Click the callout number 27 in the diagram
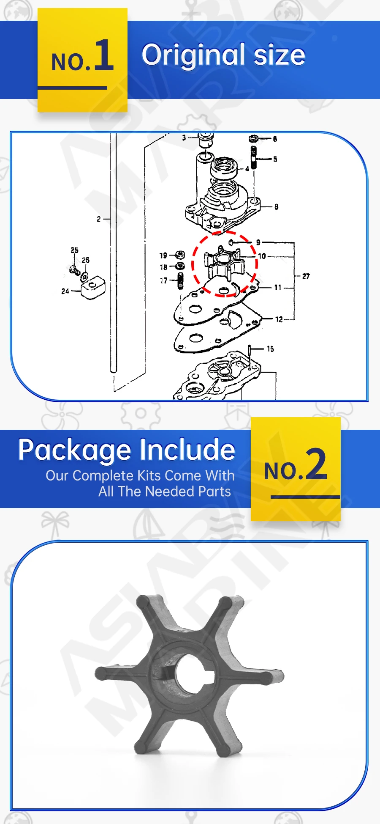tap(306, 276)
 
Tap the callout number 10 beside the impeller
tap(262, 256)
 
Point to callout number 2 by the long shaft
tap(99, 219)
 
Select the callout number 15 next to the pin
tap(270, 349)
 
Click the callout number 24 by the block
tap(65, 291)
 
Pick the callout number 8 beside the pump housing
tap(276, 207)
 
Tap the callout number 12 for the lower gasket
tap(279, 319)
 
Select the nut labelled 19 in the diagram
tap(180, 255)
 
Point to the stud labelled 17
tap(181, 280)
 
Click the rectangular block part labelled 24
tap(93, 288)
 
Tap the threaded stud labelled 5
tap(254, 157)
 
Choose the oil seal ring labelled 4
tap(224, 168)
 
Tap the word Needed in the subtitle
tap(173, 492)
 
